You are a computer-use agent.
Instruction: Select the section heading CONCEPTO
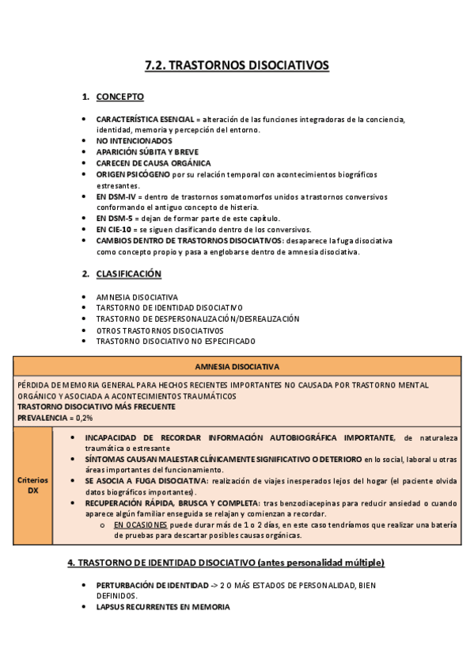coord(119,97)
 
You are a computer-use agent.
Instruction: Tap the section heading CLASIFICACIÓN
coord(128,274)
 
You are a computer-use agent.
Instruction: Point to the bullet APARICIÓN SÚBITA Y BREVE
coord(147,151)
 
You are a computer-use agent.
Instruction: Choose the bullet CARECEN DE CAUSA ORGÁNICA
coord(148,163)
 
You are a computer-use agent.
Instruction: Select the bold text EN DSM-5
coord(115,218)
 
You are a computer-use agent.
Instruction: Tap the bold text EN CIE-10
coord(116,229)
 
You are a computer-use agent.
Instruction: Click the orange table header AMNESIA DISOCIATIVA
coord(237,367)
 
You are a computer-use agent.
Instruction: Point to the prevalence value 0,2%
coord(82,417)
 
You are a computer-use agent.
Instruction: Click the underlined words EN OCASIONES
coord(140,525)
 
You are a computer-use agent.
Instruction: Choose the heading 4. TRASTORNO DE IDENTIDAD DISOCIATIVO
coord(226,563)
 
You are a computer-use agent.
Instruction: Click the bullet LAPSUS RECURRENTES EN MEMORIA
coord(163,607)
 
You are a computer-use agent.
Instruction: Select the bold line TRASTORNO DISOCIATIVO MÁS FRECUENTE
coord(97,407)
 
